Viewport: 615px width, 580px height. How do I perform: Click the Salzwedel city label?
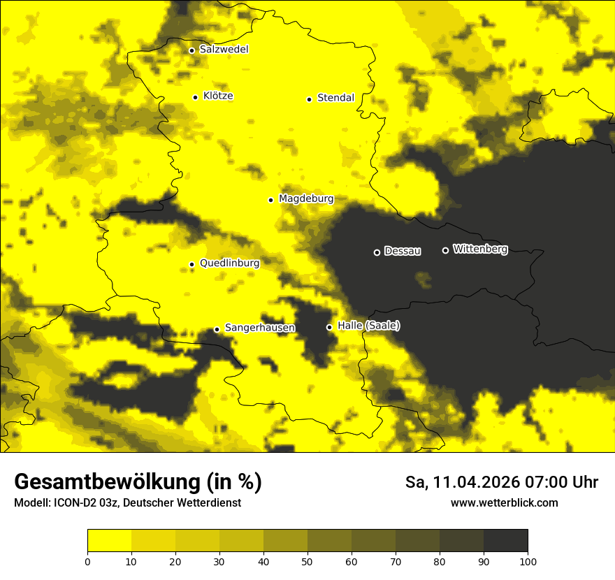224,50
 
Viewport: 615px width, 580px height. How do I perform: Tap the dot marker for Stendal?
309,99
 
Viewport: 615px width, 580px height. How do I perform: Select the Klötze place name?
218,96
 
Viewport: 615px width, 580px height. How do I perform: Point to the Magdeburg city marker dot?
270,200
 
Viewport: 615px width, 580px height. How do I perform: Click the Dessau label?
403,251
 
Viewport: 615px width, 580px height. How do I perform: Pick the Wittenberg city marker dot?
445,250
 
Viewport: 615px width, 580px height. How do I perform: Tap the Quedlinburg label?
229,263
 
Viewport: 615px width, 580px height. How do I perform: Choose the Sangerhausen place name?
259,328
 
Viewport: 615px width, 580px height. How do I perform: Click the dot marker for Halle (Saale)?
329,327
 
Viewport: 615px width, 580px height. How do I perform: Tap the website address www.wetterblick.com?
504,503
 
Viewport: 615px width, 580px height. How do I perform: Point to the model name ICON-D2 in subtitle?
74,503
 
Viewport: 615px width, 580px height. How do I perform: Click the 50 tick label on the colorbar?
307,561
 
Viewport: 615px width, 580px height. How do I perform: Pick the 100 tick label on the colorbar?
528,561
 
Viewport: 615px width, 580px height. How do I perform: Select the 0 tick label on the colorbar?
87,561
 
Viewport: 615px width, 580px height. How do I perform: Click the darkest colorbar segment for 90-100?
505,540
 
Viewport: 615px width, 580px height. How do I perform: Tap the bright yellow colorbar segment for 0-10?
109,540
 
